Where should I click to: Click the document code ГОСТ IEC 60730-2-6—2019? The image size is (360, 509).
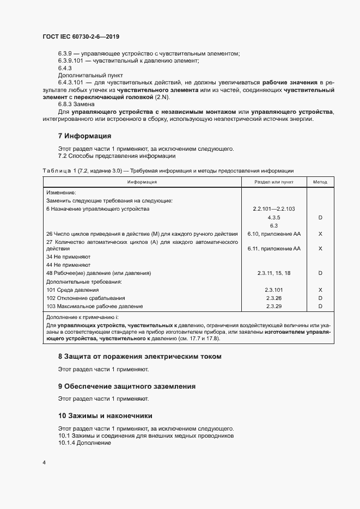(81, 37)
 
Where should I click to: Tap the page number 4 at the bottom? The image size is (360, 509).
(44, 463)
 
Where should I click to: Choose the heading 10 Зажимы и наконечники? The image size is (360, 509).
(105, 415)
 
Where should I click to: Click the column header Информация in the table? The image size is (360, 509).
(142, 182)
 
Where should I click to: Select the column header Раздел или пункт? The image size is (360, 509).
(274, 182)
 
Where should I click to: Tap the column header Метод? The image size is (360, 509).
(320, 182)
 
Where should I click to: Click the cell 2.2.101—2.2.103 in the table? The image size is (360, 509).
(274, 208)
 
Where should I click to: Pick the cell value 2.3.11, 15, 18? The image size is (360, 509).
(274, 273)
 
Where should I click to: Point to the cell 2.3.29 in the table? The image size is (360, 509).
(274, 306)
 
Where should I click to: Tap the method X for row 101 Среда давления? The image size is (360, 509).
(320, 290)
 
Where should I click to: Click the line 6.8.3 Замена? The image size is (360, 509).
(77, 103)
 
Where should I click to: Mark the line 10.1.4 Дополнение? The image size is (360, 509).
(84, 443)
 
